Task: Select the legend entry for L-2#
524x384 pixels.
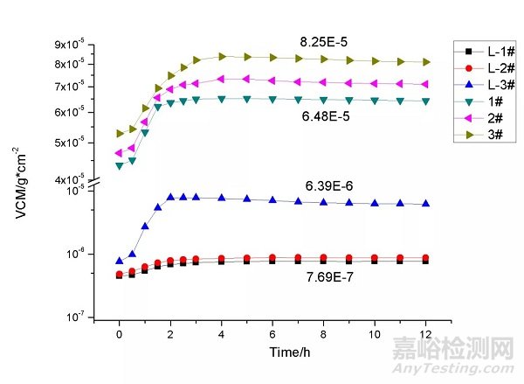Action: (485, 67)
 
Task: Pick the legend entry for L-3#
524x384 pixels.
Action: (485, 84)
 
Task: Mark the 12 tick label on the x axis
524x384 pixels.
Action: (425, 334)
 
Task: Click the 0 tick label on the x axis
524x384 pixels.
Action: (120, 334)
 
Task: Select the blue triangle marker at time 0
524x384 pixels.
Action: (120, 261)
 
